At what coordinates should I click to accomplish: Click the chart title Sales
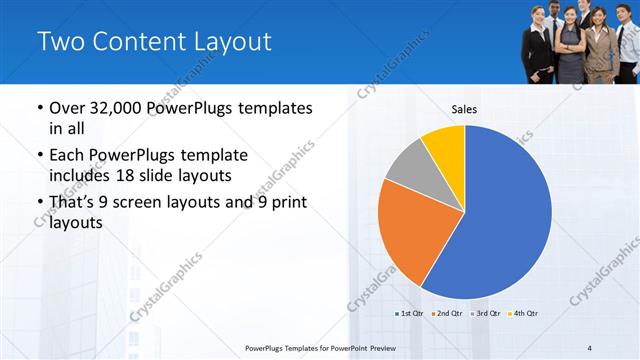pos(464,109)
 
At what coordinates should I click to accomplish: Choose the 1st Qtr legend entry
pos(409,314)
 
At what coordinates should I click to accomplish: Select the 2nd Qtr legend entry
pos(446,314)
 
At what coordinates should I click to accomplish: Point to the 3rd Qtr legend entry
pos(484,314)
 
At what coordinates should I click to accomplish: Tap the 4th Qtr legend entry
pos(522,314)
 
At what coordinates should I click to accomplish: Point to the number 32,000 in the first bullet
pos(118,108)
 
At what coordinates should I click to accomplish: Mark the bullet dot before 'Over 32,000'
pos(39,108)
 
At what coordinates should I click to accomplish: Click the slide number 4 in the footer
pos(590,347)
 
